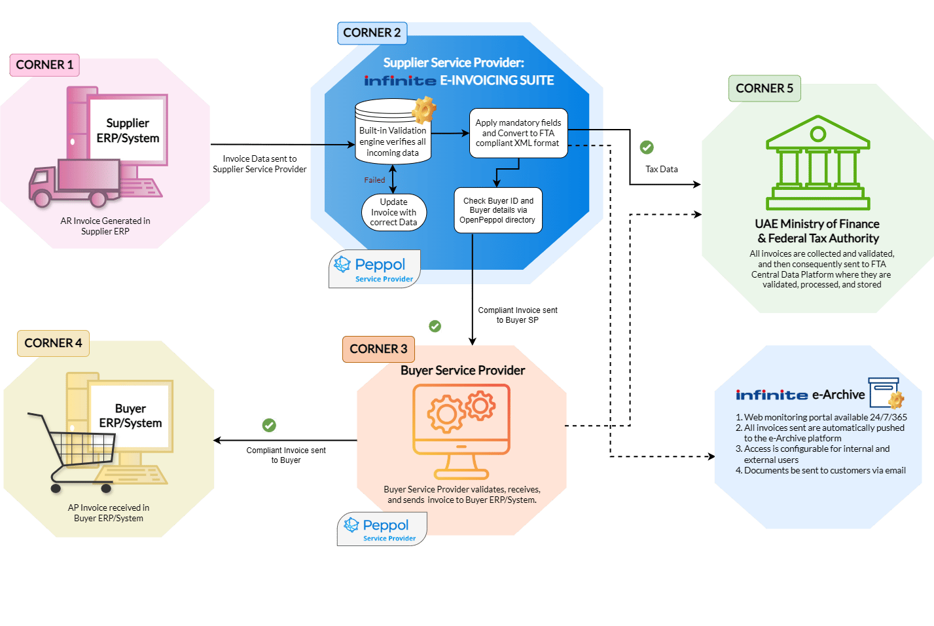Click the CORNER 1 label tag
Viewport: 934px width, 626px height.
coord(45,65)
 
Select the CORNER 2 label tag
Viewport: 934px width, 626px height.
coord(372,33)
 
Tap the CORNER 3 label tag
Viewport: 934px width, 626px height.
coord(378,349)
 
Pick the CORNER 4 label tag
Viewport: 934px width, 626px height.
coord(53,343)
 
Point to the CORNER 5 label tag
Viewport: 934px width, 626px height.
coord(764,88)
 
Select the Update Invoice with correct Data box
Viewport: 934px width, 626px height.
coord(393,212)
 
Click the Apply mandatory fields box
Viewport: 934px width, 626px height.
coord(518,133)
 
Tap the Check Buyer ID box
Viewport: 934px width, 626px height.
coord(498,210)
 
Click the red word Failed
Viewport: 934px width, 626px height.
coord(374,180)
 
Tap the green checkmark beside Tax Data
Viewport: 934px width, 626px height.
coord(647,147)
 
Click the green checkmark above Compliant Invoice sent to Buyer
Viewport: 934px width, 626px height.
coord(269,426)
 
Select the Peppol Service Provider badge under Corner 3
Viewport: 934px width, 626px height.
coord(382,529)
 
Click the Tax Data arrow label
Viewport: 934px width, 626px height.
coord(662,169)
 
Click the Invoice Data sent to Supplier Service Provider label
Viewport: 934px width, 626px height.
coord(259,164)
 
